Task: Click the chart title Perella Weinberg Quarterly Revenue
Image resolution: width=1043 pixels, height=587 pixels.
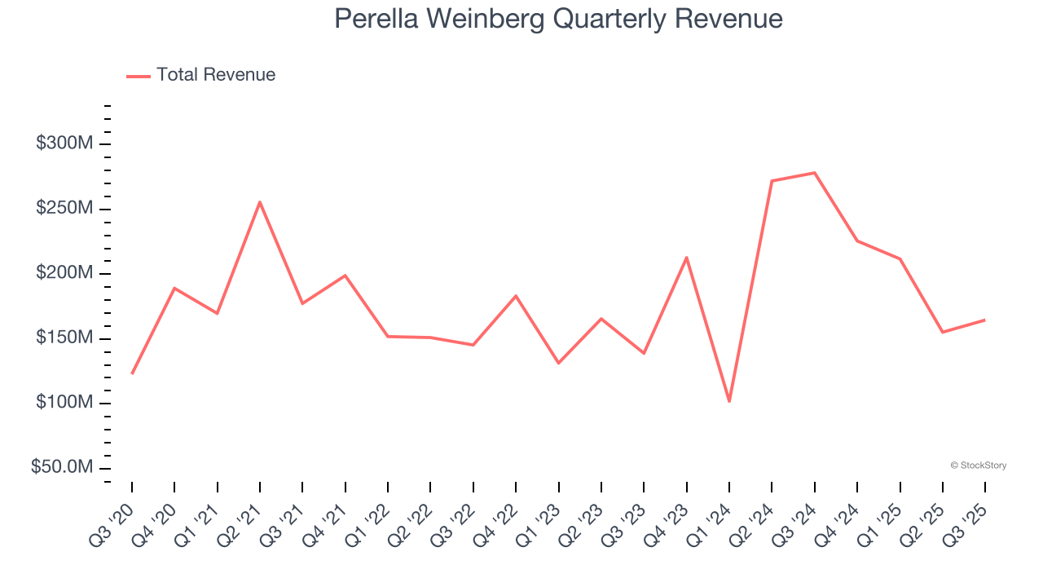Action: (558, 19)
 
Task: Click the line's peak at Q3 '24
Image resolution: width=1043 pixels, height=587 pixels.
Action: (815, 173)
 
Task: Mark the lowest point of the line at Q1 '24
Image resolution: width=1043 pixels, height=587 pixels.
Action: (729, 401)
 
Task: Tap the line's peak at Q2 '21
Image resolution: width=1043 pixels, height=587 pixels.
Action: (260, 202)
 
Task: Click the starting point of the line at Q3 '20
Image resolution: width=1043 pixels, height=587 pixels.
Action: (132, 373)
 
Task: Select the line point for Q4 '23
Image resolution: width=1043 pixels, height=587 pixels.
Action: (687, 258)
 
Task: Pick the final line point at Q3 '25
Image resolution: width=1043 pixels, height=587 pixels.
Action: (985, 320)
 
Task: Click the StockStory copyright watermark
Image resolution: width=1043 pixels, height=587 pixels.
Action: (978, 466)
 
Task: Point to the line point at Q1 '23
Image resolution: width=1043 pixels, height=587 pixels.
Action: (559, 363)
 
